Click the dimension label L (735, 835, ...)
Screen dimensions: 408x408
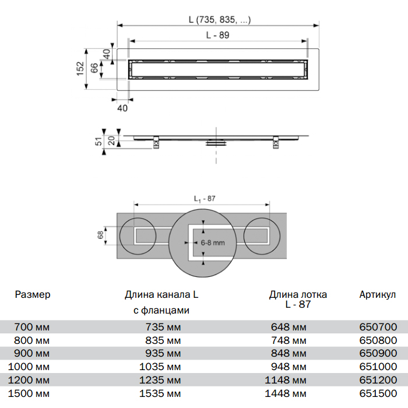(220, 20)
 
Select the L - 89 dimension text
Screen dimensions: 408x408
(217, 36)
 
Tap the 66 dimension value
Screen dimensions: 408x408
(94, 68)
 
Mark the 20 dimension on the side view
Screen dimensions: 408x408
(111, 140)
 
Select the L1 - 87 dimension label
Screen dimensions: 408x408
(205, 199)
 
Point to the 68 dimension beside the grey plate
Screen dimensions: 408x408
(100, 235)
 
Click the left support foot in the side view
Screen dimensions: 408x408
(157, 143)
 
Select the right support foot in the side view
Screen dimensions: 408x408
(275, 143)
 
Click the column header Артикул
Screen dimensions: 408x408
(378, 295)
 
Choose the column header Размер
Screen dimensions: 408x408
(33, 295)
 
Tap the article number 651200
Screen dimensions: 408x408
(379, 380)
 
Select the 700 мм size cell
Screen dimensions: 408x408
(32, 327)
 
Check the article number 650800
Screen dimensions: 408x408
(379, 340)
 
